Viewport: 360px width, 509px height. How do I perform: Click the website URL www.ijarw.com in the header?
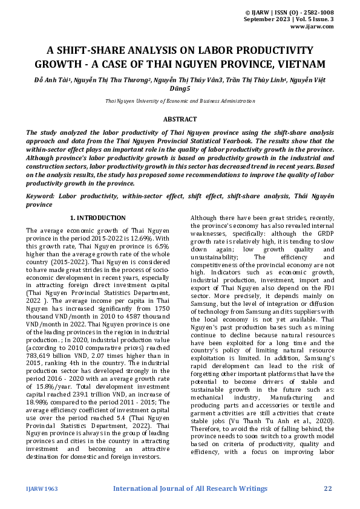(x=312, y=27)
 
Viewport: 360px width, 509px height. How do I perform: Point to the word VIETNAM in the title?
(x=300, y=64)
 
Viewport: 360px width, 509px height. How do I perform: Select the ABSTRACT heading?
(x=180, y=120)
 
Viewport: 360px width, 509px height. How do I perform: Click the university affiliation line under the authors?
(x=180, y=101)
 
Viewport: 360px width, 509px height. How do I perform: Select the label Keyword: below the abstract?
(x=44, y=196)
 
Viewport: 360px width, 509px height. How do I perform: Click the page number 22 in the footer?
(x=328, y=488)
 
